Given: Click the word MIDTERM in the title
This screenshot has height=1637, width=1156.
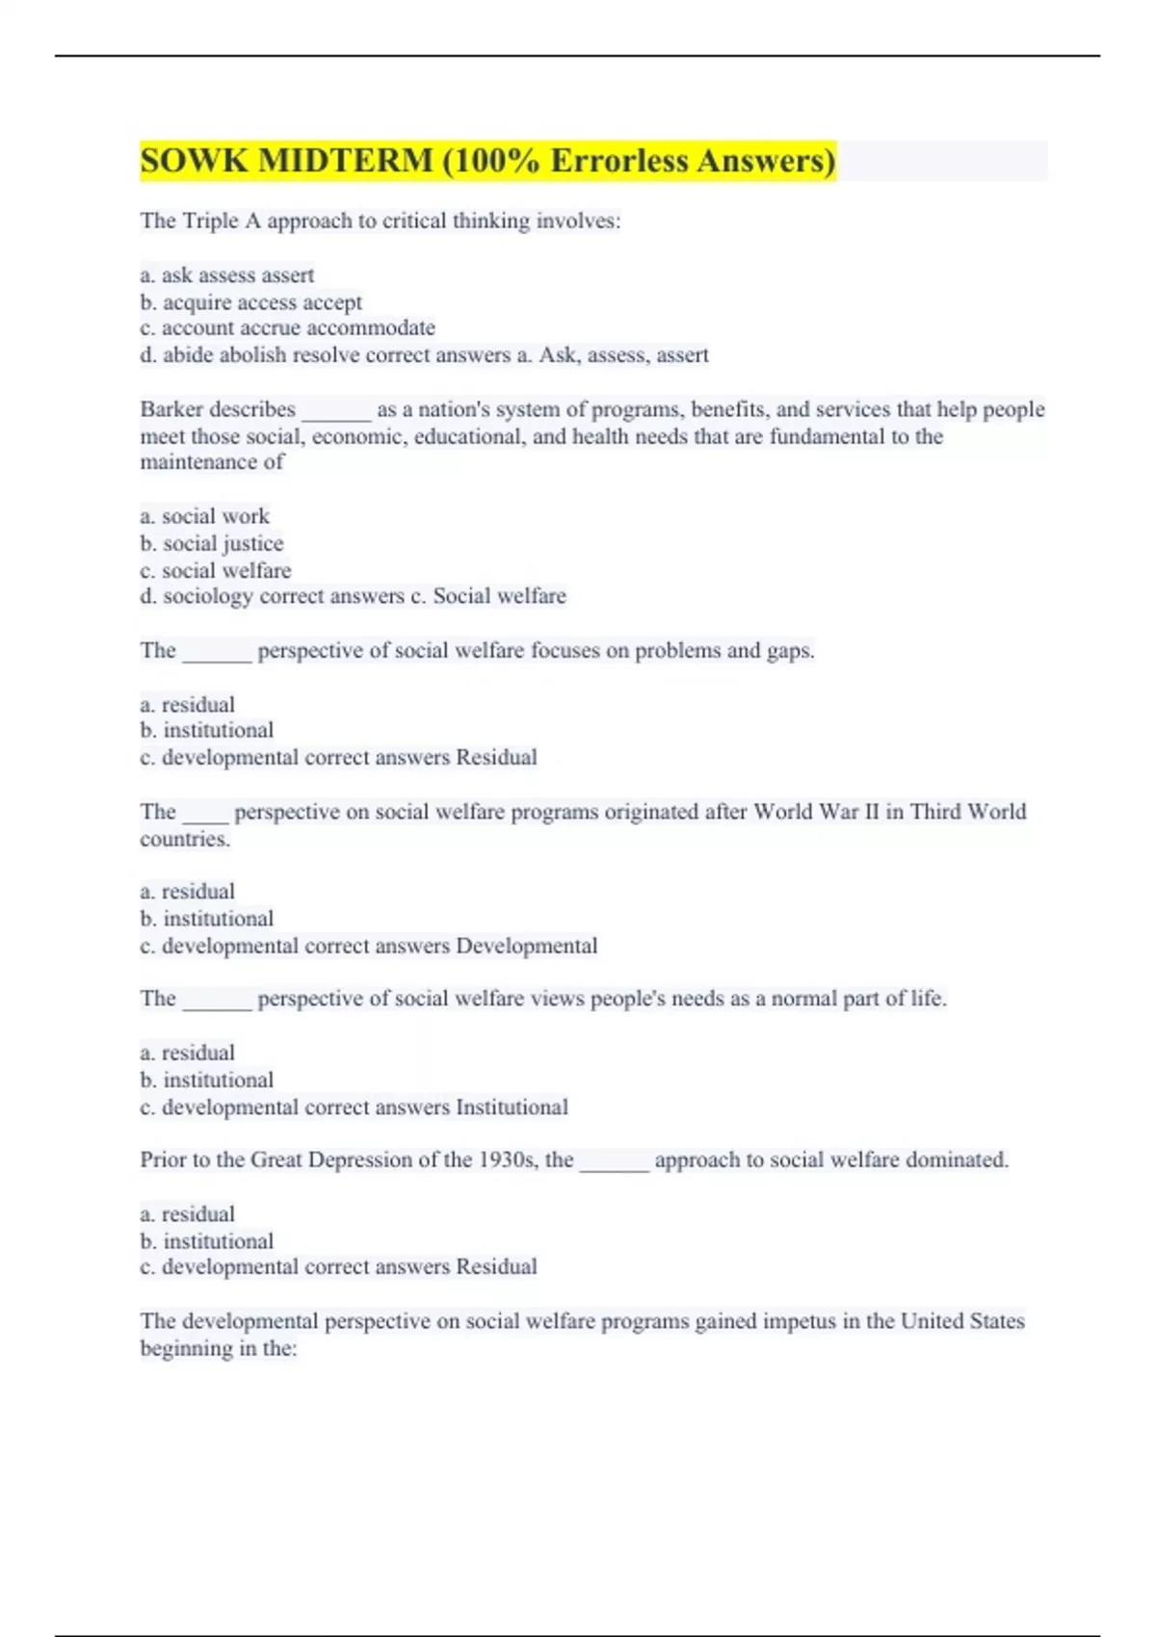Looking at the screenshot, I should click(345, 160).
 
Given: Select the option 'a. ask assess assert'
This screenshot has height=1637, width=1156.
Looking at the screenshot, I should click(227, 275).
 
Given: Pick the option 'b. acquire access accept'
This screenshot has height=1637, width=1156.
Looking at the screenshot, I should click(251, 302).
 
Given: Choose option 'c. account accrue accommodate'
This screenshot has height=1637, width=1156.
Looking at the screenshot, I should click(287, 328).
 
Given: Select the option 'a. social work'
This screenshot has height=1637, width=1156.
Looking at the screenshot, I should click(204, 516).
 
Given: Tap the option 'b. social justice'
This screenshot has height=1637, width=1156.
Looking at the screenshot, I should click(212, 543).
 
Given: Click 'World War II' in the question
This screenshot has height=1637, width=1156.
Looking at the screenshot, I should click(816, 812).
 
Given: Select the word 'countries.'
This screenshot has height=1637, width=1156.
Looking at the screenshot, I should click(185, 839).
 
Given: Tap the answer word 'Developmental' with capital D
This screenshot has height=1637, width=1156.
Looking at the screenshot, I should click(526, 946).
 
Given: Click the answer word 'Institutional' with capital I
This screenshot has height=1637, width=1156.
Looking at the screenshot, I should click(512, 1107).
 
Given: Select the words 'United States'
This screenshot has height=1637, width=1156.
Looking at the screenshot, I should click(962, 1321).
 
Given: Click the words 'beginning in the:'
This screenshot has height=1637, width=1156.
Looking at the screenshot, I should click(219, 1348).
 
